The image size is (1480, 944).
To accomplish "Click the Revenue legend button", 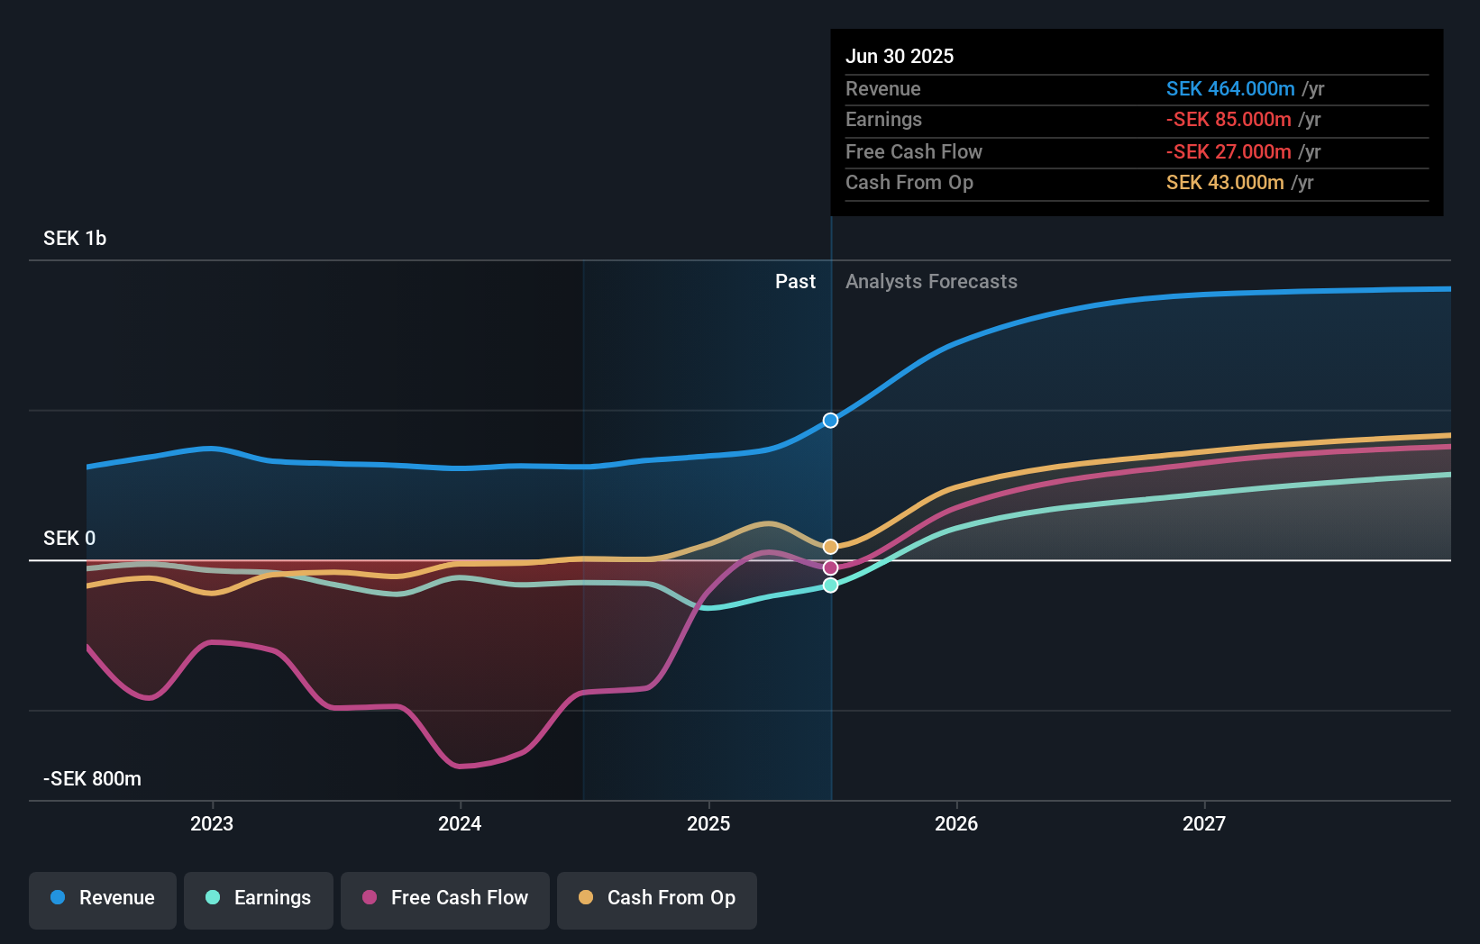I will (x=103, y=899).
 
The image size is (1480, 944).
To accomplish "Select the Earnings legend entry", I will (x=259, y=899).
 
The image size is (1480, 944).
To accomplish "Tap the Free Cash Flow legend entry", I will (x=445, y=899).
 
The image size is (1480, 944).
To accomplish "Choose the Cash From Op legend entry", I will (x=657, y=899).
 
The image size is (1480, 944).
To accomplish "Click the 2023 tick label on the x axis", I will (x=212, y=824).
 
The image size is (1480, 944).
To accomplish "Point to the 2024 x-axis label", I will (x=460, y=824).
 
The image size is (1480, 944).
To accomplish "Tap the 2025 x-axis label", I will (x=708, y=824).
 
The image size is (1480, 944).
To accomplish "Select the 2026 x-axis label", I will (x=956, y=824).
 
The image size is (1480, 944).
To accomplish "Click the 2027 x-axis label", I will (x=1204, y=824).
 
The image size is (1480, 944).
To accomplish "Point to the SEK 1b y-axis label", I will (x=75, y=239).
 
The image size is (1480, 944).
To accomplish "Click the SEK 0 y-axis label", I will (x=69, y=539).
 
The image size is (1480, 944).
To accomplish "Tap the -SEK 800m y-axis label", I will (x=92, y=779).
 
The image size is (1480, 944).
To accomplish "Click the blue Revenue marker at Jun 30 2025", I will (x=831, y=421).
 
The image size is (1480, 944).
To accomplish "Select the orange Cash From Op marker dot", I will (x=831, y=547).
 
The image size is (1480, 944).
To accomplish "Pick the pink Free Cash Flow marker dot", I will (x=831, y=567).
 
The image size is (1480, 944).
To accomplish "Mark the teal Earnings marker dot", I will (x=831, y=585).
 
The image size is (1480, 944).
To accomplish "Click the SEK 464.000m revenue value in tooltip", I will (x=1230, y=89).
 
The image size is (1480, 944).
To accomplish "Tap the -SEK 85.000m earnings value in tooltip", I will (x=1229, y=120).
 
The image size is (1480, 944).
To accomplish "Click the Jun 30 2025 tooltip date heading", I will (x=900, y=57).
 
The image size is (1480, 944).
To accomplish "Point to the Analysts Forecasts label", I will (x=931, y=282).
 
